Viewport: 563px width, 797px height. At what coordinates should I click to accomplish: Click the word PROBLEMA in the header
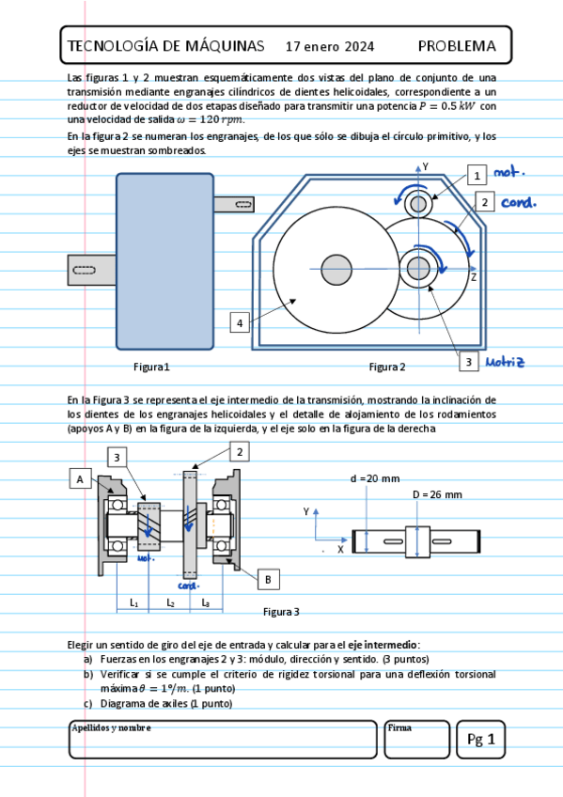(457, 46)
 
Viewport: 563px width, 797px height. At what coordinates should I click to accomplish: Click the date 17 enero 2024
(330, 47)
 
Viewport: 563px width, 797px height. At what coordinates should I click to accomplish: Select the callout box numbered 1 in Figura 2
(477, 176)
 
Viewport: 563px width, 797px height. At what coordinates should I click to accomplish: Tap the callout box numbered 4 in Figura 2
(240, 322)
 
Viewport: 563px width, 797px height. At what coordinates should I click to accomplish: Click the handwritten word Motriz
(505, 362)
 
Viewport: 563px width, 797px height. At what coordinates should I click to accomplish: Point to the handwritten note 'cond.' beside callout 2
(518, 202)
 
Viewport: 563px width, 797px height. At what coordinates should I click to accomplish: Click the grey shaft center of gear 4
(336, 270)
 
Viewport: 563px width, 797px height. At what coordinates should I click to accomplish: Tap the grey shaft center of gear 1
(418, 204)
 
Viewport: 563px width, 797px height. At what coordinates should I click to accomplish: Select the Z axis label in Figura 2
(473, 277)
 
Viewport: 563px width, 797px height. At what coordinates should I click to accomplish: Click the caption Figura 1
(151, 367)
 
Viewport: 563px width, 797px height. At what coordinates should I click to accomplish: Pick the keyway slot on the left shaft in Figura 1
(85, 270)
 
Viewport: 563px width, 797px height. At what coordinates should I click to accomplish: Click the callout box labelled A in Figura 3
(80, 478)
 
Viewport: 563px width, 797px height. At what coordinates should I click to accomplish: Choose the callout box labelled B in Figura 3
(268, 580)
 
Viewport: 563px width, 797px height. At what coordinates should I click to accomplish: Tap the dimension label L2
(171, 602)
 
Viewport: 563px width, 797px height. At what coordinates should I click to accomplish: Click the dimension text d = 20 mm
(375, 478)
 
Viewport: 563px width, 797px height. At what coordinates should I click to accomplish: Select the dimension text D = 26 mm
(437, 494)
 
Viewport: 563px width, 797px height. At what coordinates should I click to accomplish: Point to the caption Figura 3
(281, 612)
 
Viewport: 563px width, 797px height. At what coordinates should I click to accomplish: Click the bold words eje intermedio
(383, 645)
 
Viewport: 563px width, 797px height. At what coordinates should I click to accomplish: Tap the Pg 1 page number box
(480, 740)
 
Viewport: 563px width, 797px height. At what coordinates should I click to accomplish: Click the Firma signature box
(417, 740)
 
